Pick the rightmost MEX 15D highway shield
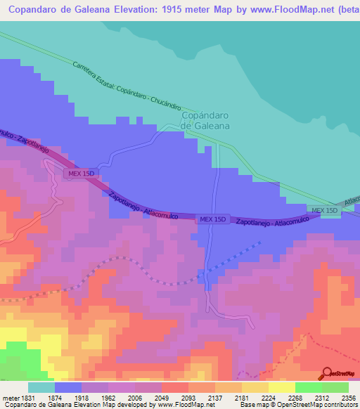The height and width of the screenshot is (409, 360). pos(325,211)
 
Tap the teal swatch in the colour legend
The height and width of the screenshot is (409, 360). pos(41,387)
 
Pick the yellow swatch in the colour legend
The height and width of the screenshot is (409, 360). pos(281,387)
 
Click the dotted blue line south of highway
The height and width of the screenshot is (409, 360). pos(232,261)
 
